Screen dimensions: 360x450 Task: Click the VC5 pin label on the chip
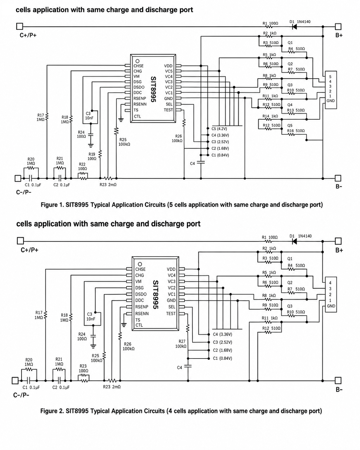coord(169,71)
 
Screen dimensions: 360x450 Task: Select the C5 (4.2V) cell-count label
coord(219,129)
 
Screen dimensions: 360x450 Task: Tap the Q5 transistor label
coord(290,125)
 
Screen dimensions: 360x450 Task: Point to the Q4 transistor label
coord(290,105)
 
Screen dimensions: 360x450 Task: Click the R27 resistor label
coord(182,341)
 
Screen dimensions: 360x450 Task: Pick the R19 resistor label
coord(92,154)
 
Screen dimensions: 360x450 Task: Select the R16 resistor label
coord(290,131)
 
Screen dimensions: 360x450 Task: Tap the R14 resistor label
coord(266,116)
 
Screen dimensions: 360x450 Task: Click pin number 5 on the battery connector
coord(330,77)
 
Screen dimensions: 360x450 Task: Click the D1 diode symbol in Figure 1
coord(295,27)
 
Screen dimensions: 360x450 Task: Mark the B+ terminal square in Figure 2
coord(338,241)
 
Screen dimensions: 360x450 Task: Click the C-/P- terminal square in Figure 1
coord(18,178)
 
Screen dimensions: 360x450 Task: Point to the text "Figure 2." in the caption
coord(52,411)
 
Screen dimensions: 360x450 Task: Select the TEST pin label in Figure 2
coord(171,314)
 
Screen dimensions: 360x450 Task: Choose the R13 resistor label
coord(290,110)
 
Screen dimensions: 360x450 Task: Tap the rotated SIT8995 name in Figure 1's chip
coord(153,89)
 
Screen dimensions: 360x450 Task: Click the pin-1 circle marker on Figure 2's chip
coord(140,264)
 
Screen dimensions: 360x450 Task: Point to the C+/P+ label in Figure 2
coord(30,250)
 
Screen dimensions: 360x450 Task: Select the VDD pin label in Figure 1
coord(168,66)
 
